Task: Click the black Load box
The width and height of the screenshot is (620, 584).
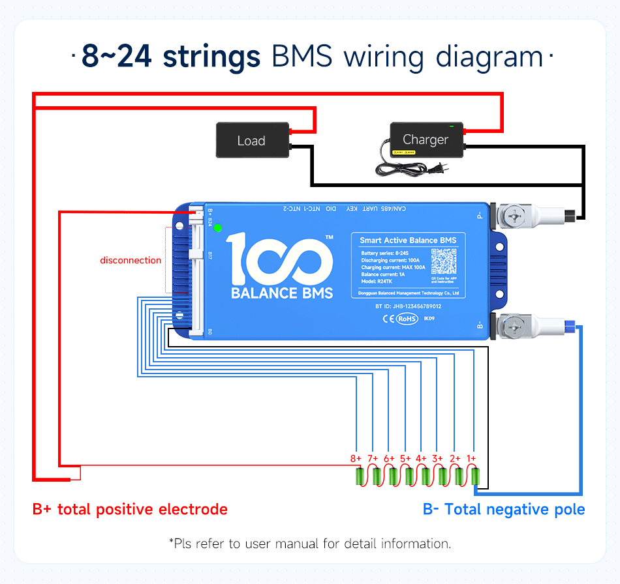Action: pos(252,140)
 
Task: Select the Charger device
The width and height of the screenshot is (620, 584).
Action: pos(425,139)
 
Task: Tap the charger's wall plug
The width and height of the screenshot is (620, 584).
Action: pos(443,169)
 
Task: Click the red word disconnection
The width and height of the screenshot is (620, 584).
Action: pos(131,260)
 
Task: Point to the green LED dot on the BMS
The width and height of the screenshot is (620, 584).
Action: pos(217,227)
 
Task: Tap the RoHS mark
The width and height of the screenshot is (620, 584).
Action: pos(407,319)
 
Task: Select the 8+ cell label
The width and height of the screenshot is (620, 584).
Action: pos(356,458)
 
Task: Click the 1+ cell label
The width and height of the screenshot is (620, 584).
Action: pos(471,458)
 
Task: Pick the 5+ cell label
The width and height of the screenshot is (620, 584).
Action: pos(405,458)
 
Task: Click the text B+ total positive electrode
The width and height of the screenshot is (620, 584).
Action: pos(130,509)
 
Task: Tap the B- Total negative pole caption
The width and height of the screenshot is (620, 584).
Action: pos(504,509)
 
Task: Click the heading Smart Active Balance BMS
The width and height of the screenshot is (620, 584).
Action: pos(408,241)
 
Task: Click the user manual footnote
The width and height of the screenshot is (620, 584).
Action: pos(309,543)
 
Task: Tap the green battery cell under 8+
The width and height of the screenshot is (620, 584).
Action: pos(359,477)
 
